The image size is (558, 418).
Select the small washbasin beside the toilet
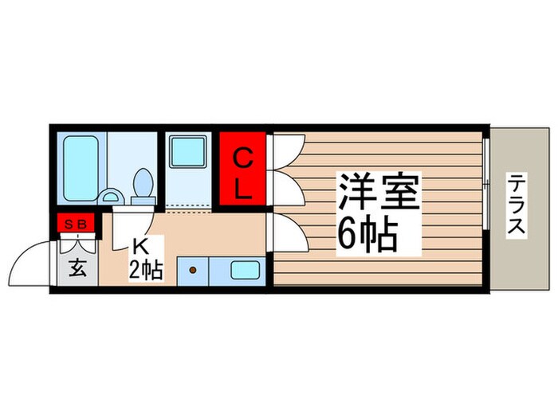click(x=113, y=194)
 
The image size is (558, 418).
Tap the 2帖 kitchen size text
click(x=147, y=271)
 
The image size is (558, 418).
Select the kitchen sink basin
click(x=245, y=270)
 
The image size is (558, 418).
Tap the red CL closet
click(x=243, y=169)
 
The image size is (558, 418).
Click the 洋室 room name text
click(x=378, y=190)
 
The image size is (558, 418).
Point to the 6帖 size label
click(x=367, y=232)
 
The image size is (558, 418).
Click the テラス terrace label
click(x=516, y=205)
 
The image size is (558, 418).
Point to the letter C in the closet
click(x=243, y=157)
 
